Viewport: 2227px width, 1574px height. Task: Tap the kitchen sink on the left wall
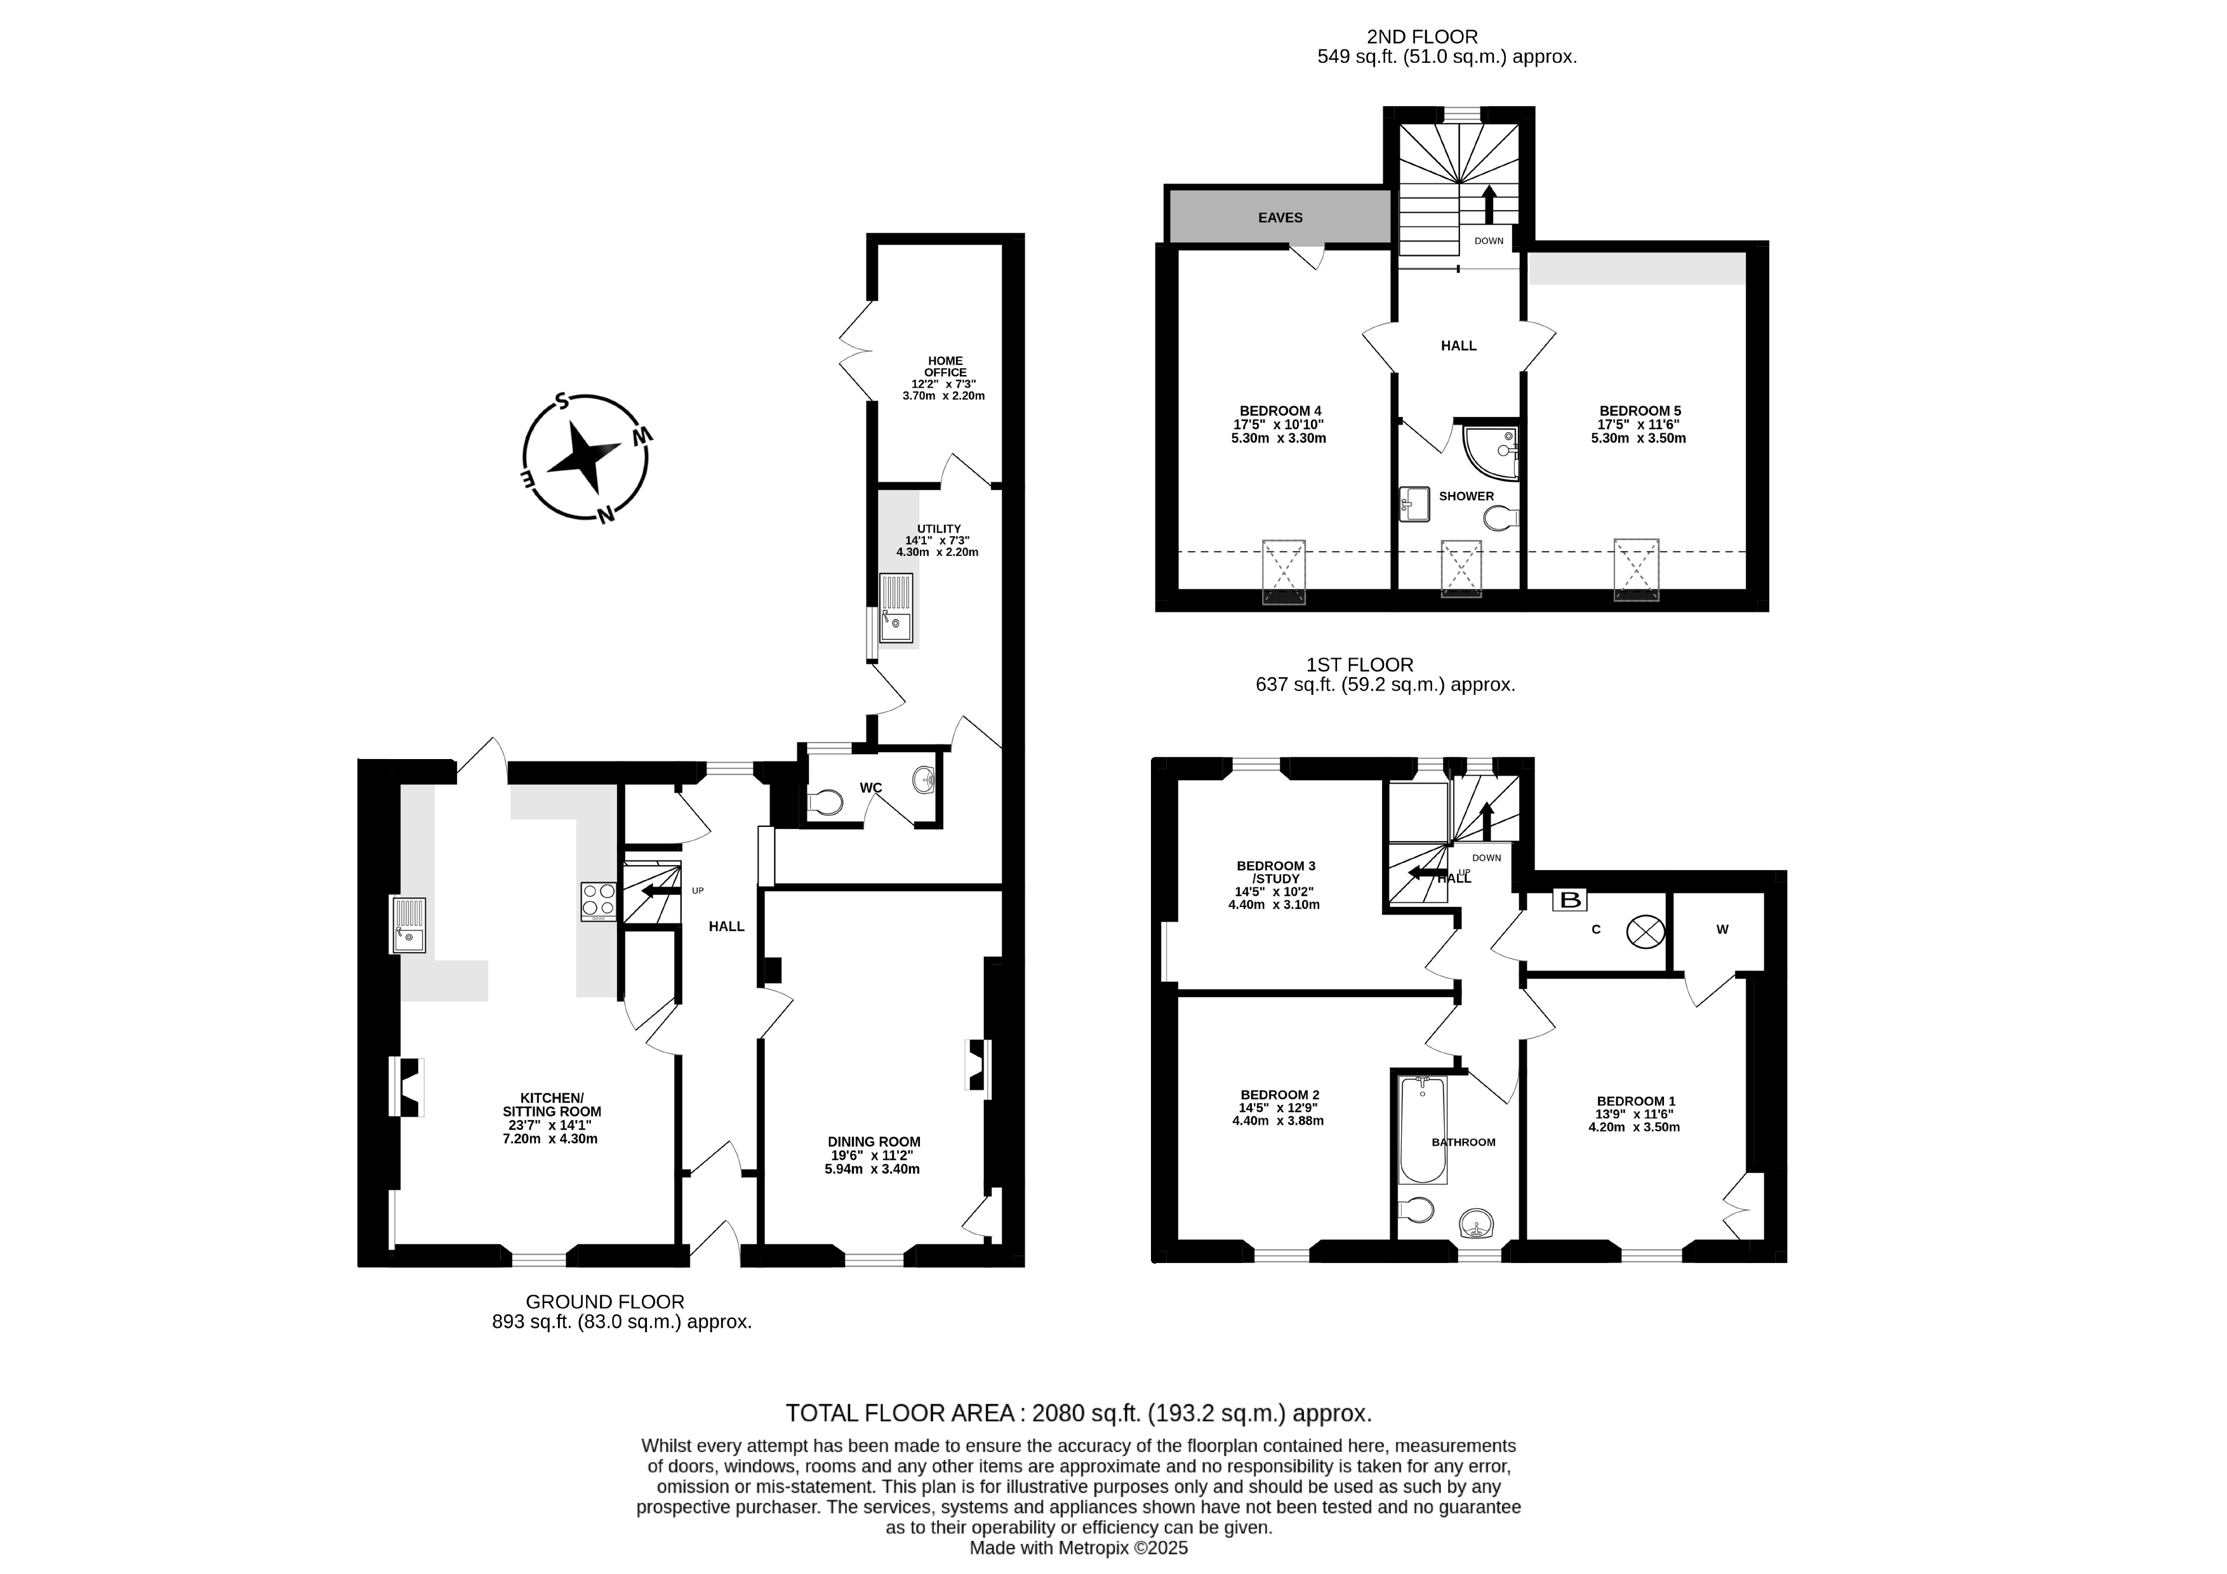[408, 925]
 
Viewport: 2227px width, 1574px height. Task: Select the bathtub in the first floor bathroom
[1423, 1129]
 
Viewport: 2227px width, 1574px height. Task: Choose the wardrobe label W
[1723, 929]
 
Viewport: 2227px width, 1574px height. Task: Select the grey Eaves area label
[1280, 217]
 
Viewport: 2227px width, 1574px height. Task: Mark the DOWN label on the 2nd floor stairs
[1489, 241]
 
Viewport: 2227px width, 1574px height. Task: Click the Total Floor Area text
[1079, 1412]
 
